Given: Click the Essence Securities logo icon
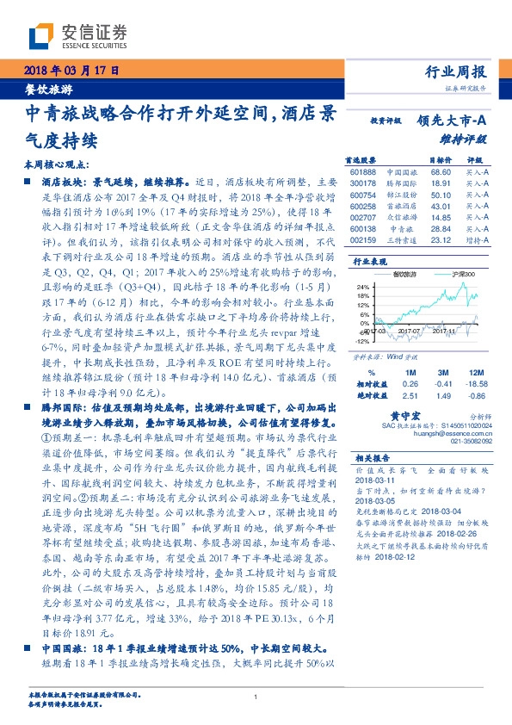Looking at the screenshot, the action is pyautogui.click(x=44, y=36).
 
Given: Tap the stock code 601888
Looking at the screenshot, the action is pyautogui.click(x=363, y=172).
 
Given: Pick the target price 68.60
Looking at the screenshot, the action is pyautogui.click(x=441, y=172).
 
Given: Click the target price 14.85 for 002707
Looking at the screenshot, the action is pyautogui.click(x=441, y=220).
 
